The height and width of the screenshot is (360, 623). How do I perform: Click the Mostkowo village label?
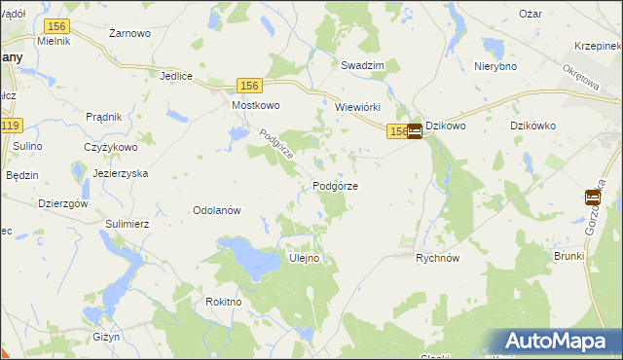click(256, 105)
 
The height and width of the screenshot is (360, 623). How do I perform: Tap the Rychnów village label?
click(437, 258)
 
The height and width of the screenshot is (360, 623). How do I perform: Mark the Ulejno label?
click(305, 258)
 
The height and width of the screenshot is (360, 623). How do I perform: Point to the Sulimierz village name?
click(127, 223)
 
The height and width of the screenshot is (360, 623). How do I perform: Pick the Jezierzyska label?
click(121, 171)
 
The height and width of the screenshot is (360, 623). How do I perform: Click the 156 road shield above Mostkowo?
click(248, 87)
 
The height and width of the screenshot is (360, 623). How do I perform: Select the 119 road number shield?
click(11, 126)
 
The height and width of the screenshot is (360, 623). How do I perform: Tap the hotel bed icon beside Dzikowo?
click(415, 130)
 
